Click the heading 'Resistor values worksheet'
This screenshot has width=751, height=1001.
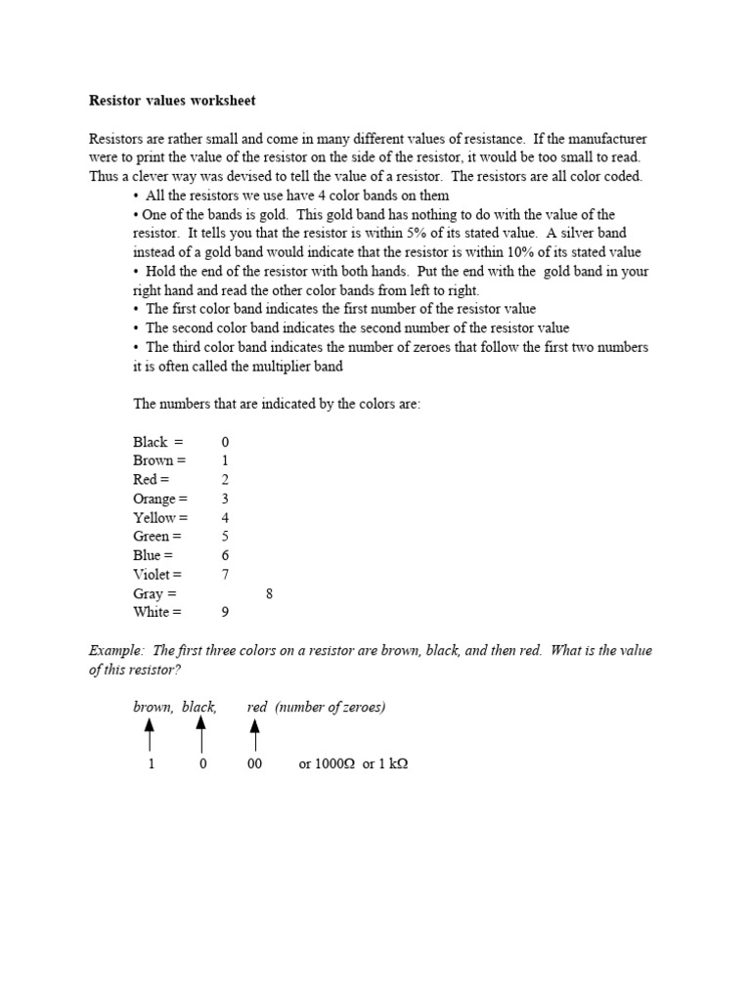172,101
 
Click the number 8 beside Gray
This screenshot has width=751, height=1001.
269,593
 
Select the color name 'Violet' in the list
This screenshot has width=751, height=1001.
152,575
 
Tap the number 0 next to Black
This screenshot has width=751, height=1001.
225,442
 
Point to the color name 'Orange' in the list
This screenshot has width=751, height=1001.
155,499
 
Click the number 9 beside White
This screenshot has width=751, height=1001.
225,613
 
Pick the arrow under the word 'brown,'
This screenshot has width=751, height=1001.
150,734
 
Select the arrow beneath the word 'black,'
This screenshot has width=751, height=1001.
200,734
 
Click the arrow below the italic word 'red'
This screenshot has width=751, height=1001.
254,734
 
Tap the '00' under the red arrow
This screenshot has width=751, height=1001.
254,764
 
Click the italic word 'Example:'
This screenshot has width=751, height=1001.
116,651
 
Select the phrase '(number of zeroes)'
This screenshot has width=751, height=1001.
331,707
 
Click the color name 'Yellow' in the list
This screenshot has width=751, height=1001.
155,518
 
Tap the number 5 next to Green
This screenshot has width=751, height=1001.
225,537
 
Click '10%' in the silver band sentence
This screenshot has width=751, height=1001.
513,252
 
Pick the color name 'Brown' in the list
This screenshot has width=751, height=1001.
153,460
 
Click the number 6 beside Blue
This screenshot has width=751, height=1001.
225,556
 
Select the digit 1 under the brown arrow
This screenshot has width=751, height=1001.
151,764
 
